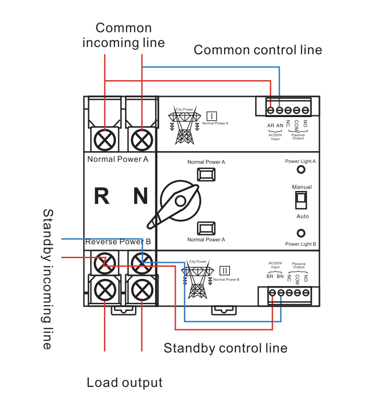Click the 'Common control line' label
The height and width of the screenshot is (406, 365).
pos(258,50)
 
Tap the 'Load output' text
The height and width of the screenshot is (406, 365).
pos(125,382)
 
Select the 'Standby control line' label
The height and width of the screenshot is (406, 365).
pos(225,348)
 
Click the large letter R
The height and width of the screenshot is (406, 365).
pos(102,196)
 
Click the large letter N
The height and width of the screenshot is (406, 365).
pos(140,196)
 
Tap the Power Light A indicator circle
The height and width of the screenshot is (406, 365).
pos(301,170)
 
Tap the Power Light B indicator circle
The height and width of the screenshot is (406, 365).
pos(301,234)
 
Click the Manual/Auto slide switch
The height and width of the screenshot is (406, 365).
pos(301,200)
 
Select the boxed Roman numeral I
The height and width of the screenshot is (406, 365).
pos(212,116)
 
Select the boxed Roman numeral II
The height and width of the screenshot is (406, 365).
pos(225,270)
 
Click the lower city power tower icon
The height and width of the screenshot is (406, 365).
pos(197,281)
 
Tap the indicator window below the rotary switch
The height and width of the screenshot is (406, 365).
pos(206,227)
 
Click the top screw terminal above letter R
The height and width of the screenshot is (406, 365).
pos(104,139)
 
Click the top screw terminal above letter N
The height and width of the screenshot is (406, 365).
pos(141,139)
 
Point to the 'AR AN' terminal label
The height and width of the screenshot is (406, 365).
pos(275,126)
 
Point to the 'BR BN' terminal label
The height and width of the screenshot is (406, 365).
pos(275,276)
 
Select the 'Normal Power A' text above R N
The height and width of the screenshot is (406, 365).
pos(118,159)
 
